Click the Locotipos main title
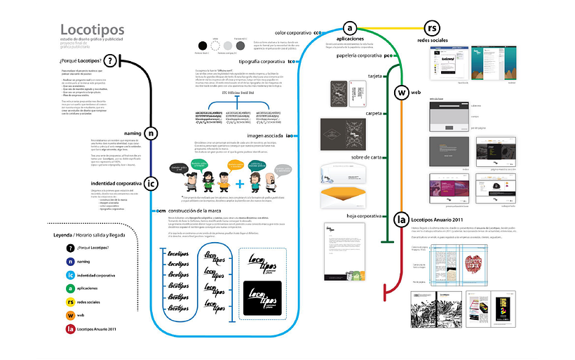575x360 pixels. click(x=92, y=29)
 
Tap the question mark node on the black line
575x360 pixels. click(x=109, y=62)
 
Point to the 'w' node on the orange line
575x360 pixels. click(x=402, y=93)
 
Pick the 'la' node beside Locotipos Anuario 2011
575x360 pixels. click(x=401, y=220)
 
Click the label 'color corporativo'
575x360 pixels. click(x=293, y=33)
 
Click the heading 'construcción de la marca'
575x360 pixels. click(x=201, y=211)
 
